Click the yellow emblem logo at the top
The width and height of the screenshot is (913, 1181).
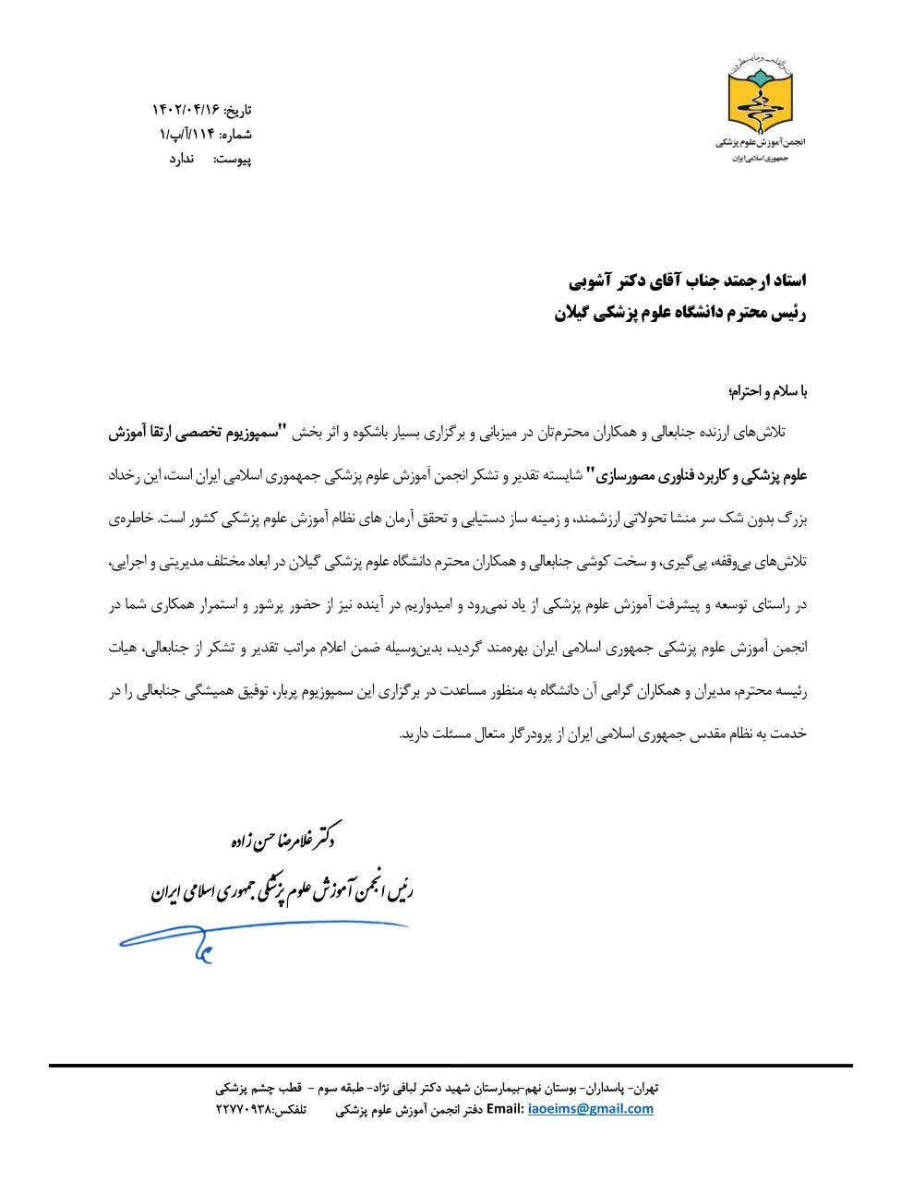(760, 100)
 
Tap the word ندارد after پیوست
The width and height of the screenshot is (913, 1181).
(180, 160)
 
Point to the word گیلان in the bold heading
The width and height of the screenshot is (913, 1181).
(575, 313)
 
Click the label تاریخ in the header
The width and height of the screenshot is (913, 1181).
(238, 110)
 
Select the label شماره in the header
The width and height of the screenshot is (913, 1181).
(236, 135)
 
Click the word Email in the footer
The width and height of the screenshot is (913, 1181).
(505, 1109)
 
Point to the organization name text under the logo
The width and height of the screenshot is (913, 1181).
(761, 145)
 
